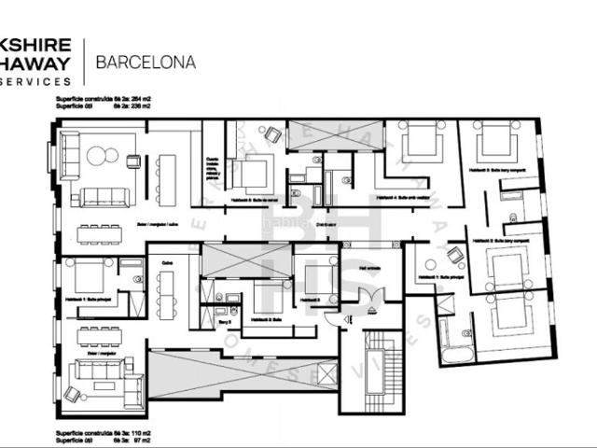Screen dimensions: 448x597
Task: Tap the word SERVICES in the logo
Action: click(36, 81)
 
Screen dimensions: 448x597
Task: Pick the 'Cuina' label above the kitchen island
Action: click(167, 264)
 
